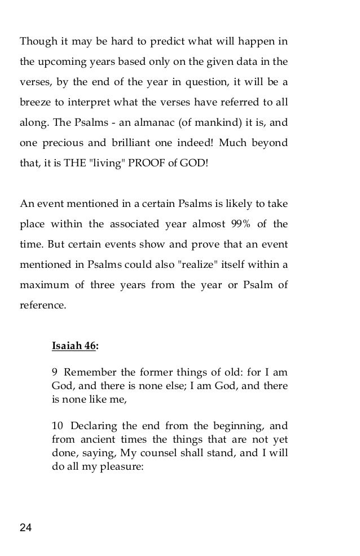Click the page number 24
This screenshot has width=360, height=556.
(26, 527)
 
